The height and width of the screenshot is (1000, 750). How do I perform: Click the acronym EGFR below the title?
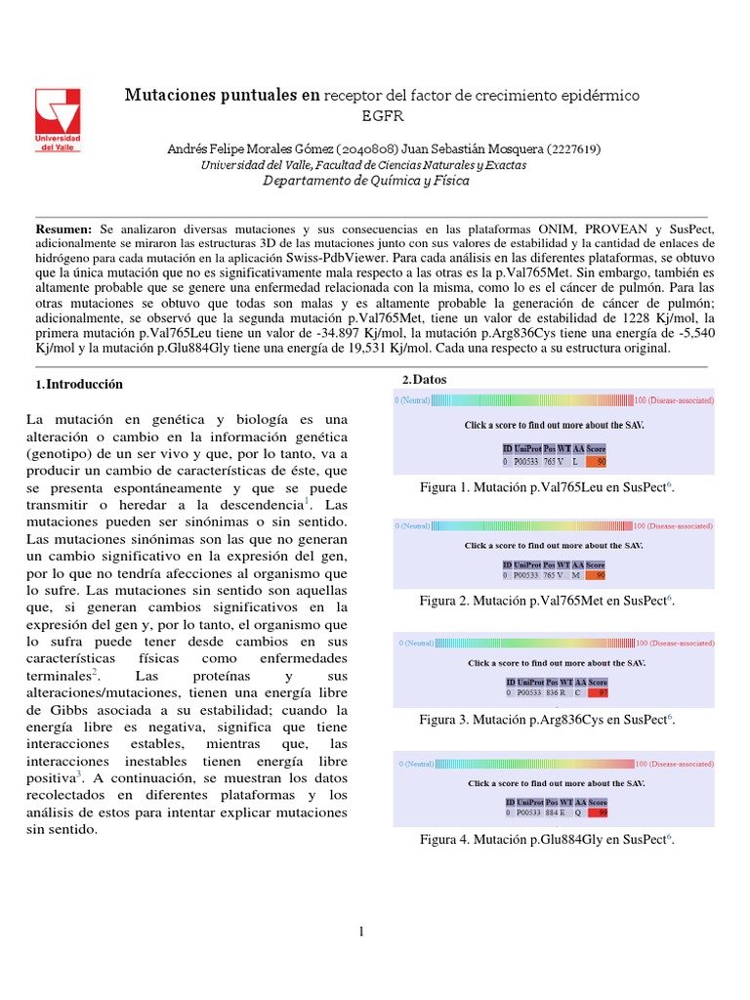click(x=382, y=115)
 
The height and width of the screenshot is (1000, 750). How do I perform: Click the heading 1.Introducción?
click(x=79, y=385)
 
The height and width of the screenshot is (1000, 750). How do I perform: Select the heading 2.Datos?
click(x=427, y=379)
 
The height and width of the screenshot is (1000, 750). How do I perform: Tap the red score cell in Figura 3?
click(x=600, y=692)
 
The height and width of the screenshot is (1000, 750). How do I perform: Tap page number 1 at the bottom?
click(x=361, y=932)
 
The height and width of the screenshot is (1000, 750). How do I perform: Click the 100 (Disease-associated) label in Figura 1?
click(x=673, y=400)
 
